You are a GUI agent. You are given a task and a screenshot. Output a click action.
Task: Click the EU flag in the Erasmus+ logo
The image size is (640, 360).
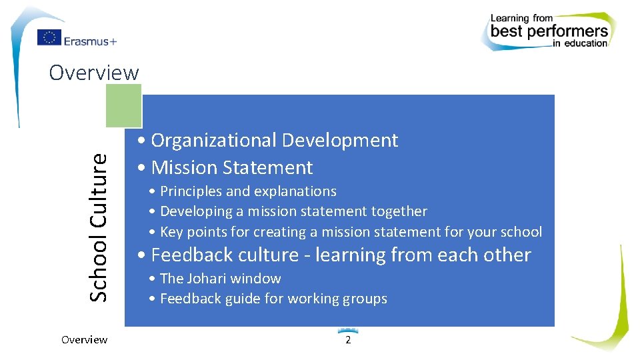(x=49, y=38)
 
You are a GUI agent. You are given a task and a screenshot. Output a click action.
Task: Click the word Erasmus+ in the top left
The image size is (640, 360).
(x=91, y=41)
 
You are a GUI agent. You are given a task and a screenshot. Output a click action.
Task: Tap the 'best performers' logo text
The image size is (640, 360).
(x=549, y=31)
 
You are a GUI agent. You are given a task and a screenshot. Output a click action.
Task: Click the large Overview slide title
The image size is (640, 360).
(x=94, y=72)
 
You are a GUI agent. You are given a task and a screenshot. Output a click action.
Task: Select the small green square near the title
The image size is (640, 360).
(x=123, y=105)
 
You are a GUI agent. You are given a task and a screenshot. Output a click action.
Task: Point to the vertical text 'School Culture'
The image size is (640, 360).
(x=99, y=227)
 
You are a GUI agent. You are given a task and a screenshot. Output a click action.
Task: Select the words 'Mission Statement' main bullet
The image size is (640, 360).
(x=231, y=167)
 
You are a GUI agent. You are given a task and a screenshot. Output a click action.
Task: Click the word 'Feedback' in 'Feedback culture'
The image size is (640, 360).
(x=188, y=255)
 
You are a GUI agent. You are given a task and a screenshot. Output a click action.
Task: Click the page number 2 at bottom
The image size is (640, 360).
(x=347, y=340)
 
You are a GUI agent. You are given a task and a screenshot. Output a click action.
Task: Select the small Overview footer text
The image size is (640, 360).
(x=84, y=340)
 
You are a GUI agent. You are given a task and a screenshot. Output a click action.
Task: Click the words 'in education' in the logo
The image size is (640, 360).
(x=580, y=44)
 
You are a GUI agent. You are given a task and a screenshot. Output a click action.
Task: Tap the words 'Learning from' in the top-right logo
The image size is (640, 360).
(x=522, y=18)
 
